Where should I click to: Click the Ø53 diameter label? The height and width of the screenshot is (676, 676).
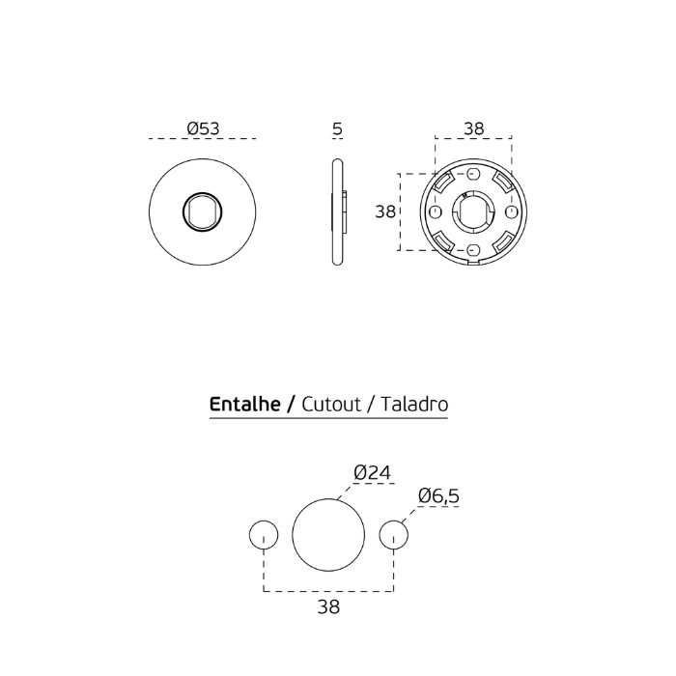pos(203,128)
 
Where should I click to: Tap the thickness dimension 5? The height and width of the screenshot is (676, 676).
pos(338,128)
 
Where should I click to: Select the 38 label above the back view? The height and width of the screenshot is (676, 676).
pos(474,128)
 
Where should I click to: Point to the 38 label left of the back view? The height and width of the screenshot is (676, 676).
pos(385,211)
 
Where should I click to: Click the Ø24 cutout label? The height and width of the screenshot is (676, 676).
pos(372,472)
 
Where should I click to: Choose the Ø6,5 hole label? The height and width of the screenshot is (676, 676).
pos(438,495)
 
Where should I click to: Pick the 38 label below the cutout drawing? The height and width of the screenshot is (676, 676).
pos(328,606)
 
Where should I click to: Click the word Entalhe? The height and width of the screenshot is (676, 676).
pos(245,405)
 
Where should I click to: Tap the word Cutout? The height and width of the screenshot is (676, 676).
pos(331,405)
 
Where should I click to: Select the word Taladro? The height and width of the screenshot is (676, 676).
pos(414,405)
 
